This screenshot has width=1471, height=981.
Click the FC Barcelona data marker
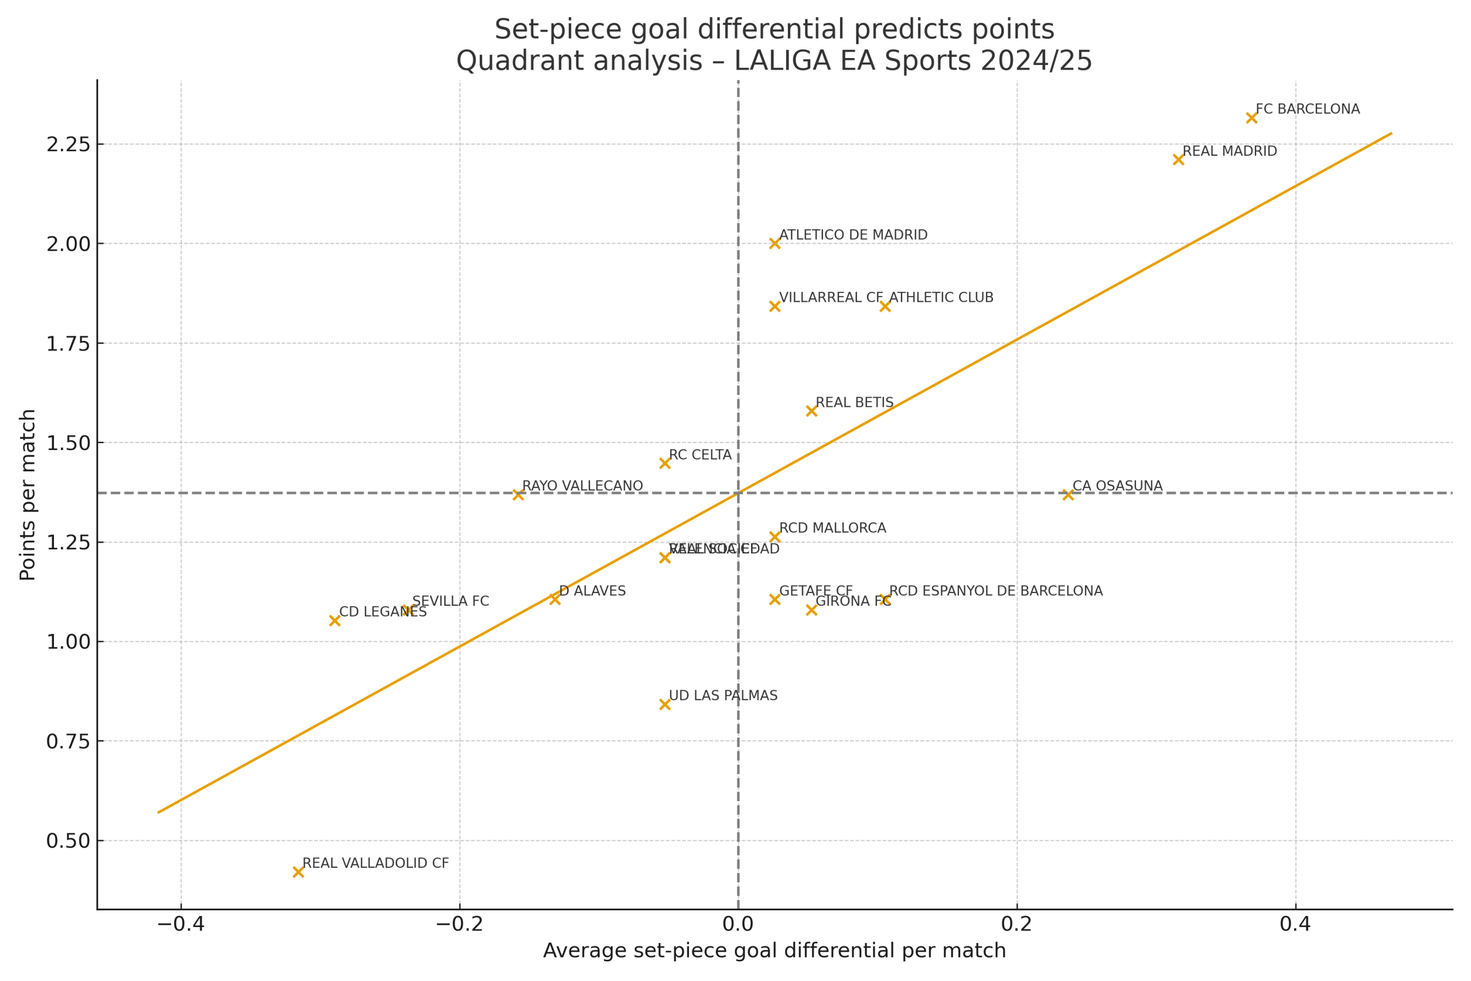[x=1251, y=118]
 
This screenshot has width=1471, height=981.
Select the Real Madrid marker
[x=1179, y=160]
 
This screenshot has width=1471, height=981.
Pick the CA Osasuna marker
[x=1068, y=495]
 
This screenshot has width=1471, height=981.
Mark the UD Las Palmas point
[x=665, y=705]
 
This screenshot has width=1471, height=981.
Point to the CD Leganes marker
[x=334, y=621]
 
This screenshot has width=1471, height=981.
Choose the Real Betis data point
[x=812, y=411]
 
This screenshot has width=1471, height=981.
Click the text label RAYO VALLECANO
[x=582, y=486]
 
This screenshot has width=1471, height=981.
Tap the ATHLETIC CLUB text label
[x=941, y=298]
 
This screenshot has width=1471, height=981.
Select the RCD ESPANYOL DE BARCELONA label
[x=996, y=591]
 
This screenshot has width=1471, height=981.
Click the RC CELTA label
[x=700, y=455]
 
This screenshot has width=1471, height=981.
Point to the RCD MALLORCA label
[x=833, y=528]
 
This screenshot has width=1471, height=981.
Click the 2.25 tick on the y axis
[x=68, y=144]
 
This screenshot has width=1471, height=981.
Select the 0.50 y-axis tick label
[x=68, y=841]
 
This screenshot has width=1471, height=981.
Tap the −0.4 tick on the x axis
[x=181, y=924]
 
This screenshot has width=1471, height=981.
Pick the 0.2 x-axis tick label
[x=1017, y=924]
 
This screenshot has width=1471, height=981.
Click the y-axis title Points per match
[x=28, y=494]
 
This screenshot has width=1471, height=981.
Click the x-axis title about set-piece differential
[x=774, y=951]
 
